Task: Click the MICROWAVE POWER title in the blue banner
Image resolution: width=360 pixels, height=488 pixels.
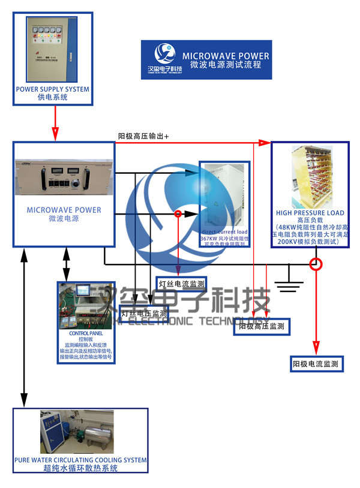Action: (226, 56)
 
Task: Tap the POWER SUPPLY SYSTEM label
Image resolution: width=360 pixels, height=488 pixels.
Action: (52, 89)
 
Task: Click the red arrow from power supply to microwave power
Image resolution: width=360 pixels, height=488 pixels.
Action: (55, 122)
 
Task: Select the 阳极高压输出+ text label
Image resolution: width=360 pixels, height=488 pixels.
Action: (143, 137)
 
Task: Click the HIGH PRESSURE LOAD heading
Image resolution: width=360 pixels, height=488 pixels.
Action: (310, 213)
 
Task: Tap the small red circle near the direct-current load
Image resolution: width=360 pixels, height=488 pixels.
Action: (178, 213)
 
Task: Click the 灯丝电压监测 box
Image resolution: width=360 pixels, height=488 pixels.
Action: (144, 313)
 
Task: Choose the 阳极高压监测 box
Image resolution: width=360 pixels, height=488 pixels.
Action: (262, 326)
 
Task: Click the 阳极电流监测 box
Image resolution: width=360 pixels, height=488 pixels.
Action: (315, 363)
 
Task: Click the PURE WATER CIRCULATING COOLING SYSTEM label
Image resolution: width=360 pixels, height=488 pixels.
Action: (80, 460)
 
